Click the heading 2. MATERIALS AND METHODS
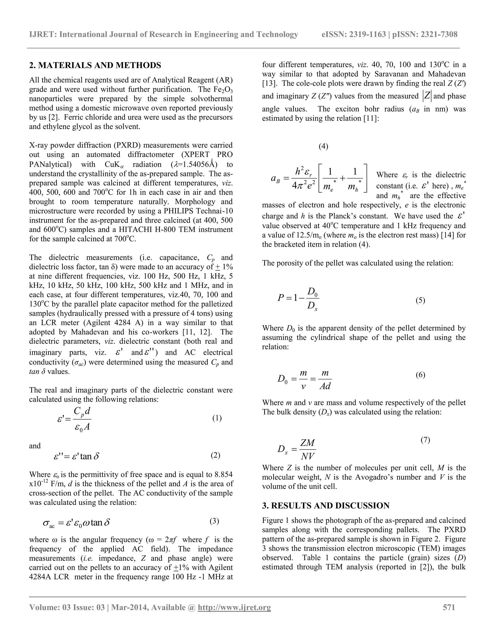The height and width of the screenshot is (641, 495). tap(95, 65)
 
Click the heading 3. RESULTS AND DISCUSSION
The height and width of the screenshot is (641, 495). tap(326, 505)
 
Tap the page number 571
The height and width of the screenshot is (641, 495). tap(449, 607)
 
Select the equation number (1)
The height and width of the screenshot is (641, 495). tap(217, 418)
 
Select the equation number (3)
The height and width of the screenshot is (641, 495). tap(214, 521)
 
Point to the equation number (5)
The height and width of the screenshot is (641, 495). tap(420, 300)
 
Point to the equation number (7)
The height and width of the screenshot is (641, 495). tap(425, 440)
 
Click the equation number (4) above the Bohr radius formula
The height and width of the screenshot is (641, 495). tap(323, 146)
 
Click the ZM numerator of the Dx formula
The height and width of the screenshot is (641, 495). tap(307, 443)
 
